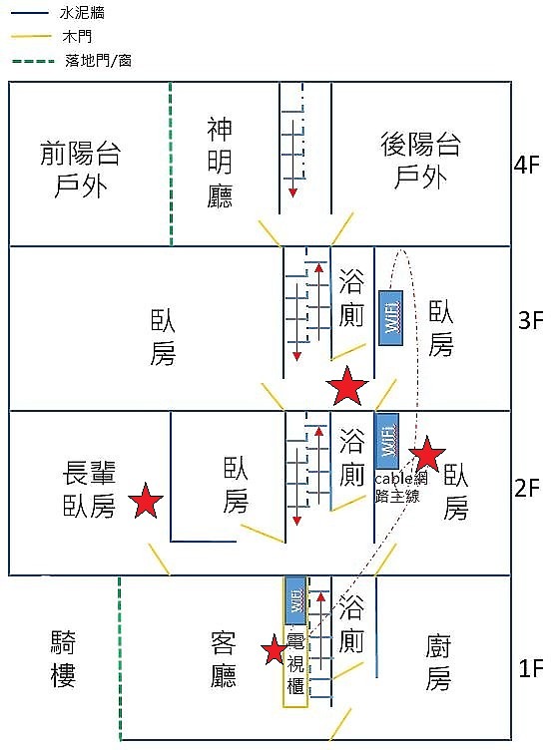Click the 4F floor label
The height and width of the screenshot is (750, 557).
527,165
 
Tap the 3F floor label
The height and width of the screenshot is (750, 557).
531,320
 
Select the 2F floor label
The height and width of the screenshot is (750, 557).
527,489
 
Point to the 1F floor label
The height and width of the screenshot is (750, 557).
531,668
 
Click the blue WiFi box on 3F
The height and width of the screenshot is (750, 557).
390,317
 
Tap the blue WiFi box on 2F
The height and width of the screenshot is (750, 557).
387,441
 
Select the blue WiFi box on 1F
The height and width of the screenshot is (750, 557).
296,600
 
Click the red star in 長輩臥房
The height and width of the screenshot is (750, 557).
146,501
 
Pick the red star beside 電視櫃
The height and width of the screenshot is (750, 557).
275,649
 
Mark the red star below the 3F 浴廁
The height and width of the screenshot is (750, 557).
346,386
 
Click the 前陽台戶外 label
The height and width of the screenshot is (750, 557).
80,169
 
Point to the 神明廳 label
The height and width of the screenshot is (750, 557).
220,163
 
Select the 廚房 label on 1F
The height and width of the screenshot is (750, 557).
438,663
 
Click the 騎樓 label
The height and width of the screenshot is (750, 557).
63,658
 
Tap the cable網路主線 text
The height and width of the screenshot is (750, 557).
400,487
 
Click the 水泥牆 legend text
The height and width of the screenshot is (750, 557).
82,13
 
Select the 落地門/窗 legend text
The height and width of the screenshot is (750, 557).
98,61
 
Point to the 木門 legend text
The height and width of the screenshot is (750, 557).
77,37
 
